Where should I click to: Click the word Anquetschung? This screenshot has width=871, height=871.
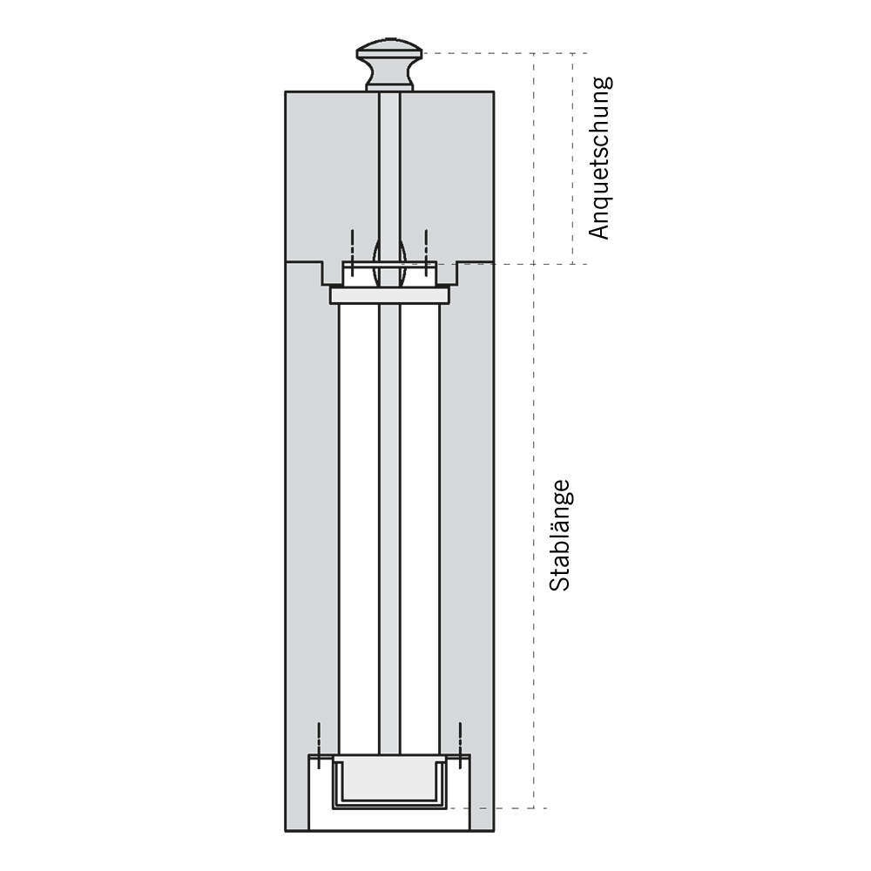[x=599, y=158]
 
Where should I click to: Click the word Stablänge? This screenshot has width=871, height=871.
[x=559, y=535]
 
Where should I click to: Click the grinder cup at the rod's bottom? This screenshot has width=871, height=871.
[x=389, y=781]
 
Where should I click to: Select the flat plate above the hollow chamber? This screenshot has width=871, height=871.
[x=389, y=295]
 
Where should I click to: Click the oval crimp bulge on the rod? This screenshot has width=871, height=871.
[x=389, y=263]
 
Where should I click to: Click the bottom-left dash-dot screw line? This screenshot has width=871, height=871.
[x=319, y=746]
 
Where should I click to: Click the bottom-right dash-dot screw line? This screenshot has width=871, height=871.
[x=460, y=746]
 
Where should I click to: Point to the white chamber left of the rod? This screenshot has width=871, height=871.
[x=359, y=529]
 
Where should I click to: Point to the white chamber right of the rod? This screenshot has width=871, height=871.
[x=420, y=529]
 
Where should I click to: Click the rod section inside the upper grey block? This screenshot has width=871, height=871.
[x=389, y=166]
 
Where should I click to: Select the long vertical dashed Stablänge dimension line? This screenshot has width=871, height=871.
[x=534, y=430]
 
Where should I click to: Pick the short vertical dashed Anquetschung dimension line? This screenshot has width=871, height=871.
[x=573, y=159]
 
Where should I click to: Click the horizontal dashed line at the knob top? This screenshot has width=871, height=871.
[x=505, y=53]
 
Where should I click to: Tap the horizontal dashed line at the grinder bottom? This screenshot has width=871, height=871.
[x=497, y=808]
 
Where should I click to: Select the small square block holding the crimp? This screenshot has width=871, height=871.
[x=389, y=273]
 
